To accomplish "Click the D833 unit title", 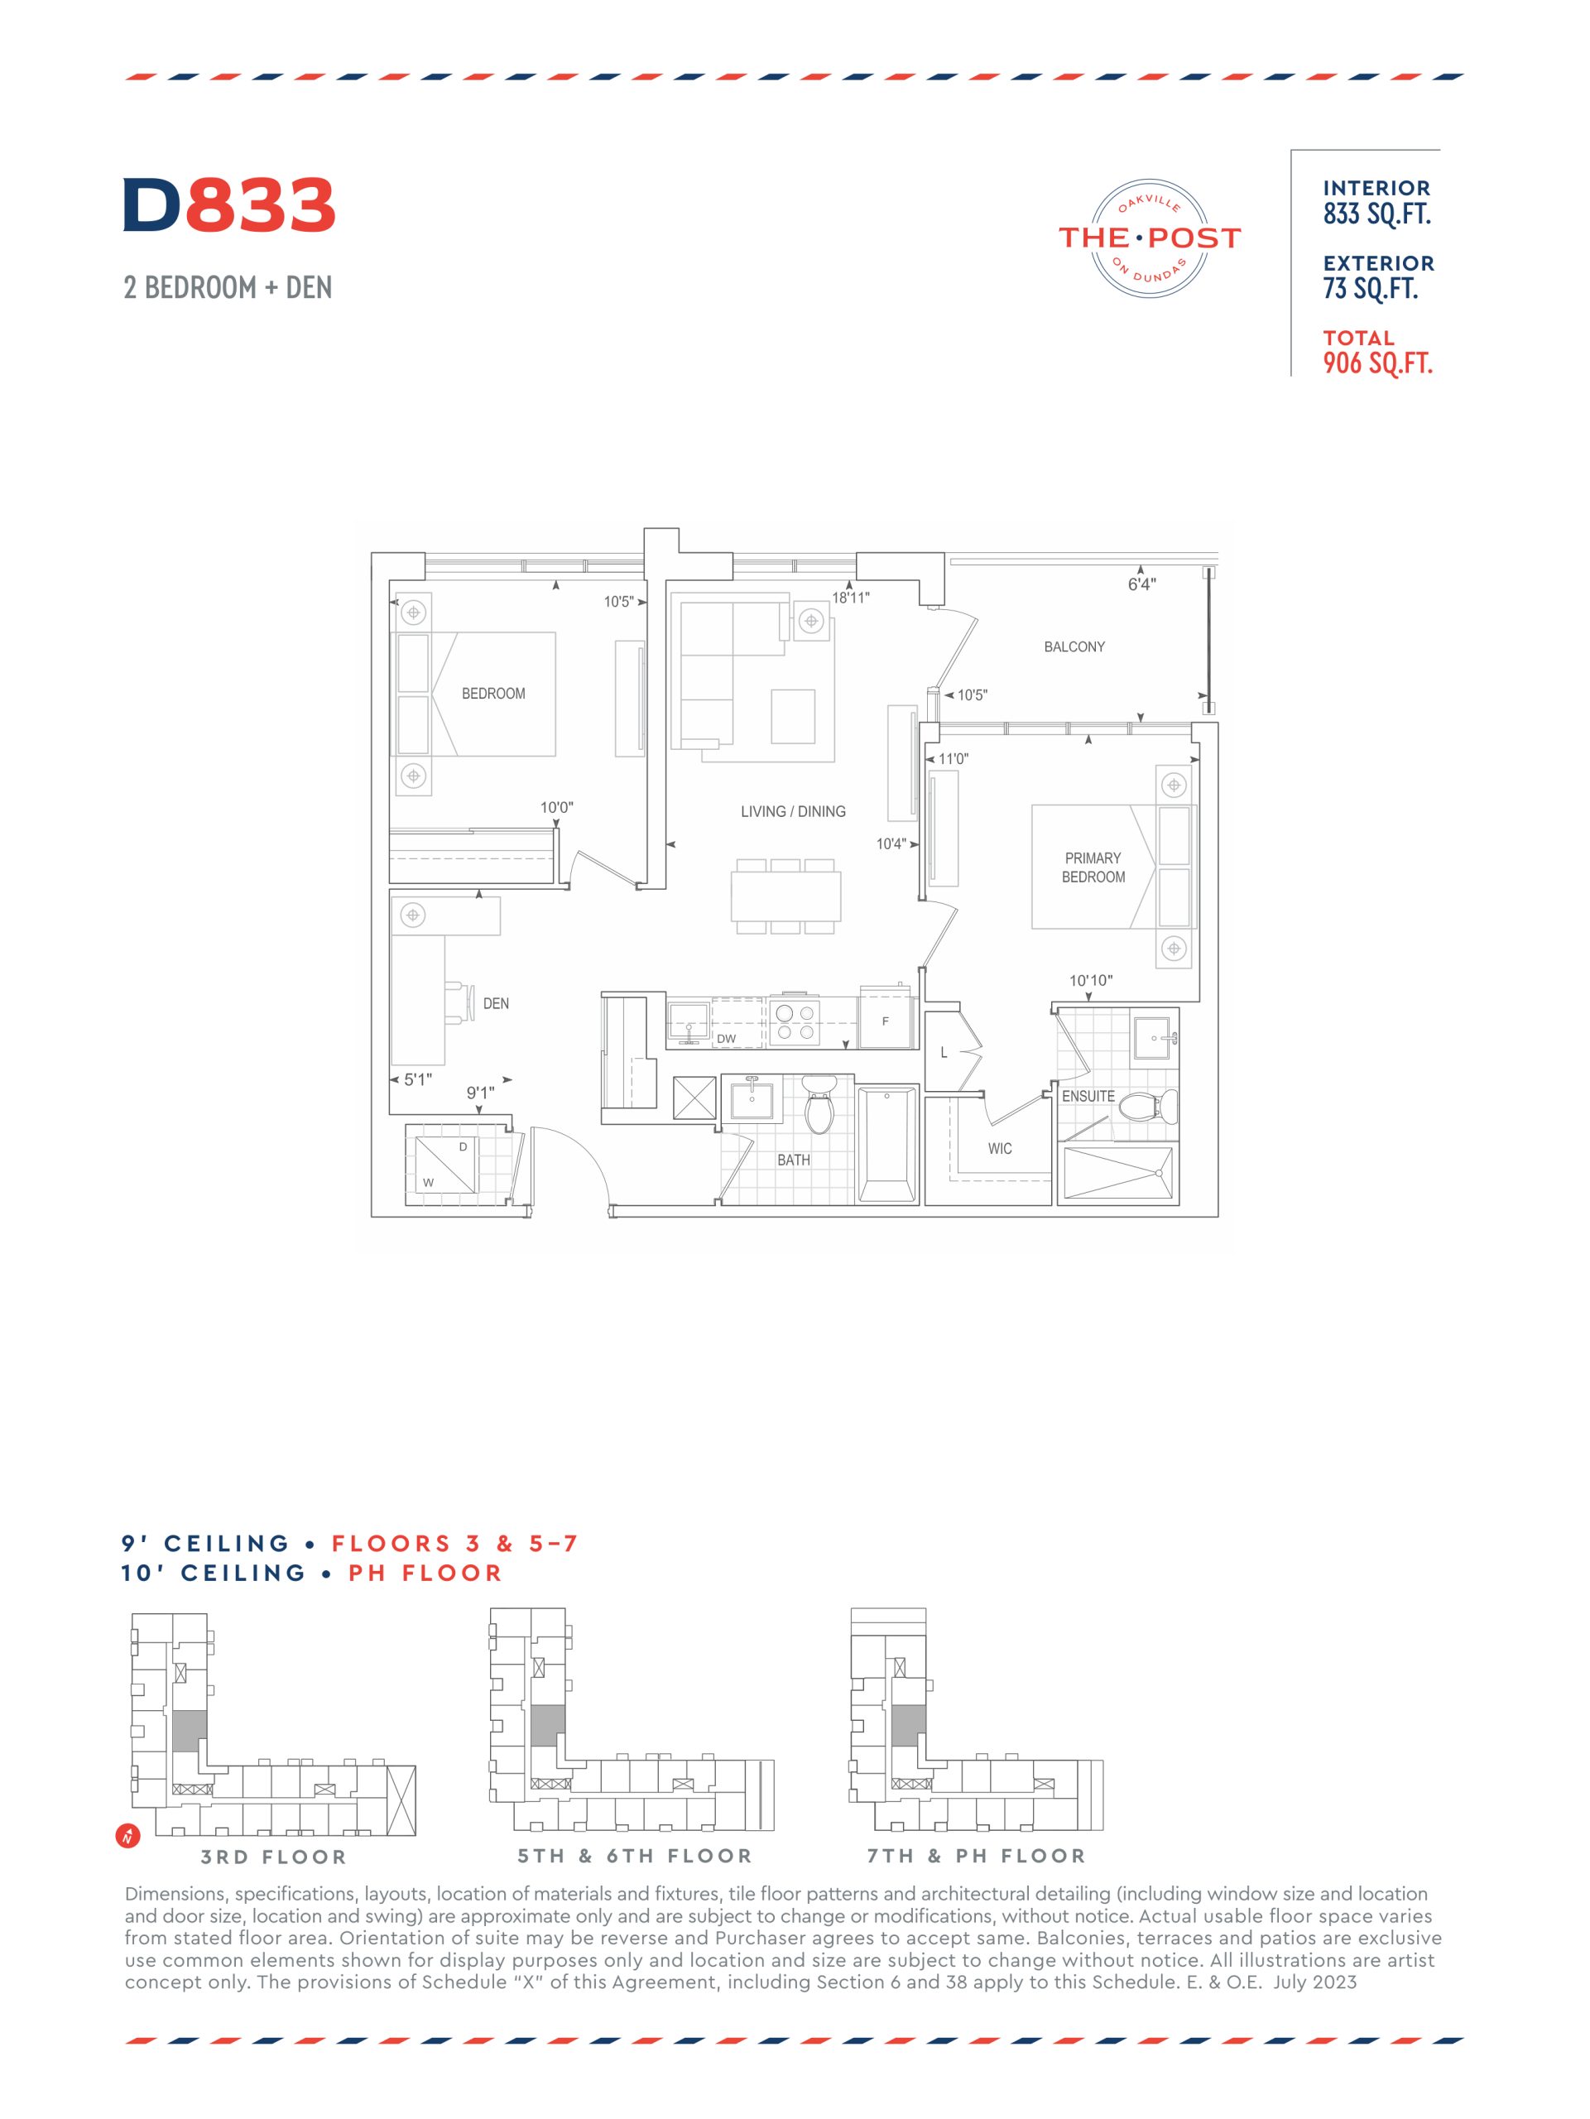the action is (x=229, y=205).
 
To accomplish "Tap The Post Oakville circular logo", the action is (x=1150, y=238).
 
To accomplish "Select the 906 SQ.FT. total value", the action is (x=1377, y=363).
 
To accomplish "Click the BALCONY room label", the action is (x=1074, y=646).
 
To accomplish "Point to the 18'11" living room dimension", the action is (x=849, y=598).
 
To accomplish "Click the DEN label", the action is (x=495, y=1004).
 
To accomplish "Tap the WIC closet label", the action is (x=999, y=1149).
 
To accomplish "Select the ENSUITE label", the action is (x=1088, y=1096).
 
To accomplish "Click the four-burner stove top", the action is (x=795, y=1022).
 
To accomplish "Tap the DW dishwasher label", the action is (x=726, y=1039).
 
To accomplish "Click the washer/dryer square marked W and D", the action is (x=445, y=1165).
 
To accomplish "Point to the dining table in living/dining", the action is (x=785, y=896).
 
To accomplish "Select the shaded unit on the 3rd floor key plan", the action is (x=189, y=1731).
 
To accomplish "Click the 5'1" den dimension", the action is (x=418, y=1079).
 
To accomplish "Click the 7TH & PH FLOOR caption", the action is (x=976, y=1857).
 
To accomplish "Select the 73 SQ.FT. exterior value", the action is (x=1370, y=288).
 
